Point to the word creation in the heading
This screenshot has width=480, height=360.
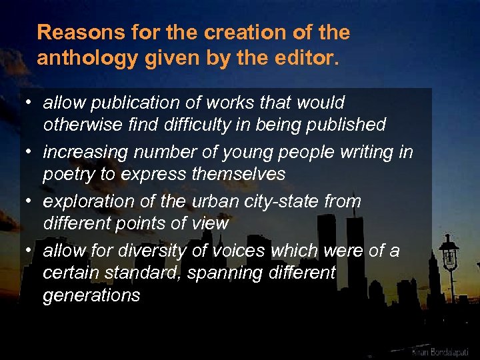click(231, 32)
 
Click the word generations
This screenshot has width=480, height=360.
click(92, 295)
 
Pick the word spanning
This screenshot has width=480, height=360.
click(216, 273)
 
